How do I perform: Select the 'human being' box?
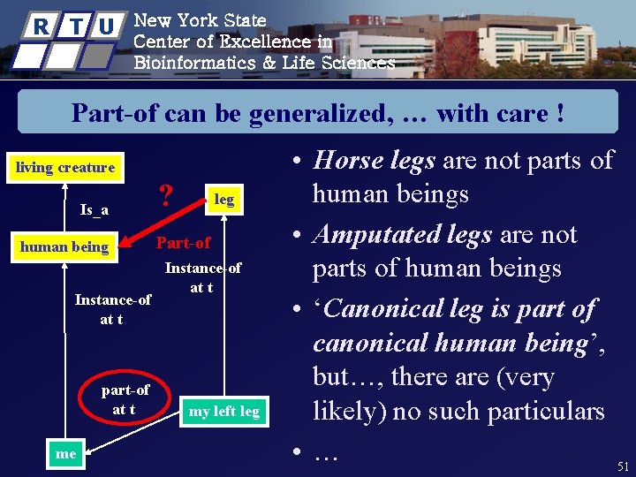[64, 246]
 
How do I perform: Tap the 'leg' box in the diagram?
[224, 199]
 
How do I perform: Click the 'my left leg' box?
[224, 411]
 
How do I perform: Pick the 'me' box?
[65, 453]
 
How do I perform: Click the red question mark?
[164, 193]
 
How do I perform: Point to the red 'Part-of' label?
[183, 242]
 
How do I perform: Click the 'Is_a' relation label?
[95, 209]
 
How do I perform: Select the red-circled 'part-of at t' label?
[125, 399]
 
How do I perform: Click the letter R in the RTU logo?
[41, 27]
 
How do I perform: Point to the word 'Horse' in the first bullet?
[346, 161]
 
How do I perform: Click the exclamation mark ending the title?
[560, 114]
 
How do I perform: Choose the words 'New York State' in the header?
[200, 19]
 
